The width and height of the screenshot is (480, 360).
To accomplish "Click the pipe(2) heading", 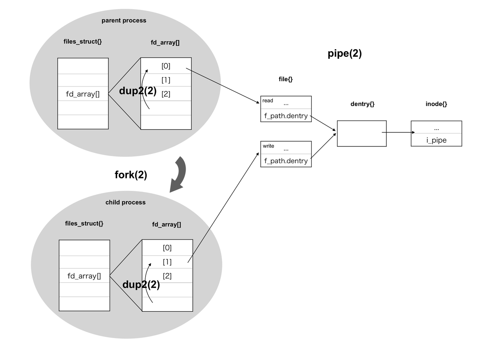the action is (345, 54).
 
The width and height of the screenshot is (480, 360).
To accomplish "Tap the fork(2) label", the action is (131, 175).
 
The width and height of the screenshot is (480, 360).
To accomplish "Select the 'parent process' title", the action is (124, 20).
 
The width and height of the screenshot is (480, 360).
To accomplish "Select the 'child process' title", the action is (125, 202).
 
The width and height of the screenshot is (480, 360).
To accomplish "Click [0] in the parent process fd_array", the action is (166, 66).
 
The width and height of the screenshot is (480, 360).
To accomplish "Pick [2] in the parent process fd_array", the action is (166, 94).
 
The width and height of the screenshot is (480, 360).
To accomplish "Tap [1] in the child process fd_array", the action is (167, 262).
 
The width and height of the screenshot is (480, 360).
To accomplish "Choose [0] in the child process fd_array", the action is (167, 248).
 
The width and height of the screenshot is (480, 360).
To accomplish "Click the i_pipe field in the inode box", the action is (436, 140).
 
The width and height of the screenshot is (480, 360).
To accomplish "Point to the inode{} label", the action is (436, 104).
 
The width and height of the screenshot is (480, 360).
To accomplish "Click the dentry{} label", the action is (362, 104).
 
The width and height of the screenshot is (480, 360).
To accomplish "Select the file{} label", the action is (285, 79).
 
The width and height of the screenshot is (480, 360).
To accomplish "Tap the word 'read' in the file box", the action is (268, 100).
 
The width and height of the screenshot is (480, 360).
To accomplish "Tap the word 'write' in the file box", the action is (268, 146).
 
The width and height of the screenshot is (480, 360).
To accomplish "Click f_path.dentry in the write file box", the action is (286, 161).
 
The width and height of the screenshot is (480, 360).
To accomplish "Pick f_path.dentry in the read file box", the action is (286, 116).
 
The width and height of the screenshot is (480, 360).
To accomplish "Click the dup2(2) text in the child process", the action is (141, 284).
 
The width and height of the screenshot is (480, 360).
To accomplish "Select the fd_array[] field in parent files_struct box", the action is (83, 94).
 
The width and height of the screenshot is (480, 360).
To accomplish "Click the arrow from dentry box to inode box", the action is (398, 132).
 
